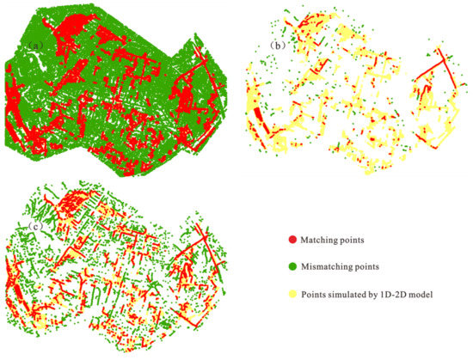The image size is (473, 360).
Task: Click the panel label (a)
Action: [x=36, y=44]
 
